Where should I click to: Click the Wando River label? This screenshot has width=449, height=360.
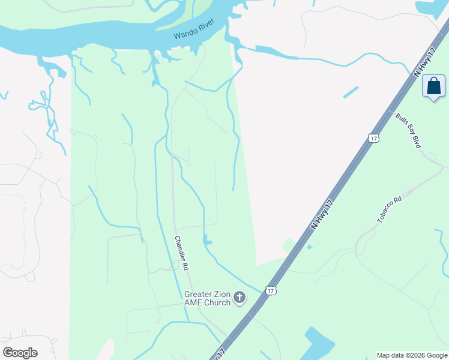point(194,32)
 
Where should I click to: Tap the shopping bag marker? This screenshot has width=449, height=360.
point(434,86)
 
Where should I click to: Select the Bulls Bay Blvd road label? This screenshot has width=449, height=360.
point(408,130)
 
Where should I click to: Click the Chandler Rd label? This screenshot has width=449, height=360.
point(181,252)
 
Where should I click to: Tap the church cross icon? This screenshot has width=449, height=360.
point(240,298)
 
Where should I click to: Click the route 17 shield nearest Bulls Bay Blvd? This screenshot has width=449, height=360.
point(374,139)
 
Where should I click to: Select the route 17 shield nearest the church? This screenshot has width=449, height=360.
point(271,290)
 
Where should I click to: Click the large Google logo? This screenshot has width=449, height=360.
point(20,352)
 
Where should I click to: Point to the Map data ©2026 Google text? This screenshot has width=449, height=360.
point(412,355)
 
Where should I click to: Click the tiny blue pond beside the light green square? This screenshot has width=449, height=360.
point(309,247)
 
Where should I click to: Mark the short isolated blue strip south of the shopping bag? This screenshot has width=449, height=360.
point(351,92)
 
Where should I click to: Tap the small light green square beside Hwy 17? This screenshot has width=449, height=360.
point(289,245)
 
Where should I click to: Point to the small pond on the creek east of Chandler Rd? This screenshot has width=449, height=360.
point(207,241)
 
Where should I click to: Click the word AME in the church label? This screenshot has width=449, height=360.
point(194,302)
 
